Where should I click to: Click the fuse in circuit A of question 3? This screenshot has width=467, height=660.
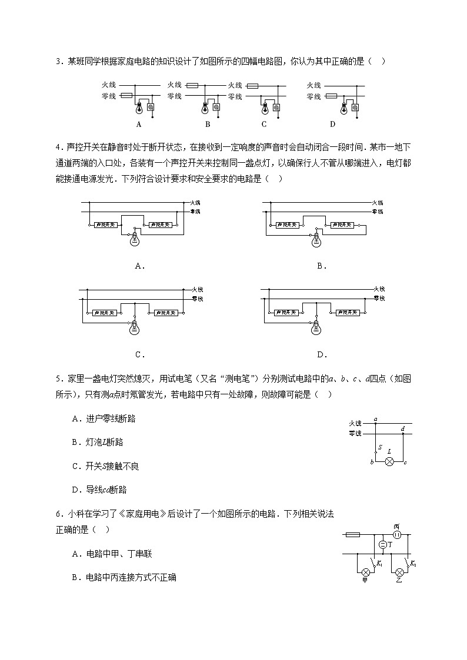click(x=126, y=95)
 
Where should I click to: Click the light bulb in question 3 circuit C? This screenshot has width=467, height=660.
click(x=265, y=108)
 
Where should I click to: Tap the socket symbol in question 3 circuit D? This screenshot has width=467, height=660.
click(x=358, y=108)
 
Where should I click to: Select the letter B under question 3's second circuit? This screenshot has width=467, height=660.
click(x=208, y=124)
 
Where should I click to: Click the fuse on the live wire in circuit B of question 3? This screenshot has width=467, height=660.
click(x=192, y=85)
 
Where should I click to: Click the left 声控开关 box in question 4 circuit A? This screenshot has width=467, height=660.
click(x=107, y=225)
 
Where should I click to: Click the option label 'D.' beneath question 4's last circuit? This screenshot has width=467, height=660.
click(x=322, y=354)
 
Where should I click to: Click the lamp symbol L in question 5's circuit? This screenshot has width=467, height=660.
click(x=389, y=462)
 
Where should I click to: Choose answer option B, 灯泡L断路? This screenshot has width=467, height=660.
click(x=98, y=442)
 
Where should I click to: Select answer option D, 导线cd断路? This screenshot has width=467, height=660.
click(x=99, y=489)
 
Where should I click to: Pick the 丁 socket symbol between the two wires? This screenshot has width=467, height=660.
click(x=382, y=545)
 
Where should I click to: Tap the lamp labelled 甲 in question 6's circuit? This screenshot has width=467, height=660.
click(x=365, y=571)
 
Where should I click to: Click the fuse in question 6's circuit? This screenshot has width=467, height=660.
click(x=353, y=535)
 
